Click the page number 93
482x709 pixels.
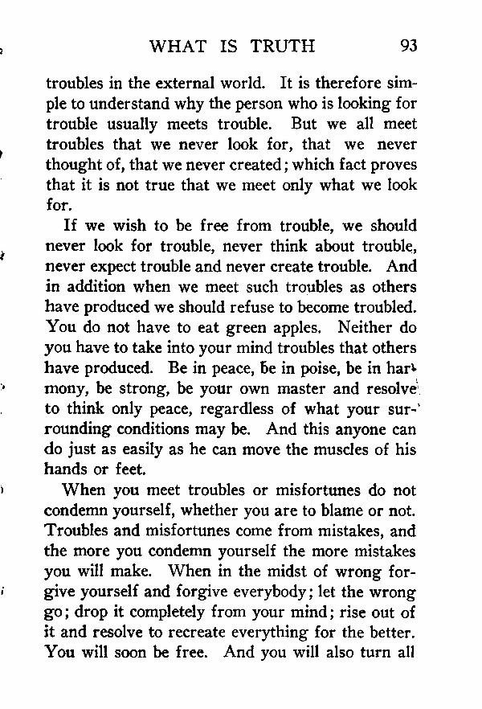[x=408, y=45]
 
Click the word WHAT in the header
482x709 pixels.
[x=178, y=45]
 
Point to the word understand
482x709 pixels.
[x=130, y=104]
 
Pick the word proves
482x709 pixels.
[x=394, y=165]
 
